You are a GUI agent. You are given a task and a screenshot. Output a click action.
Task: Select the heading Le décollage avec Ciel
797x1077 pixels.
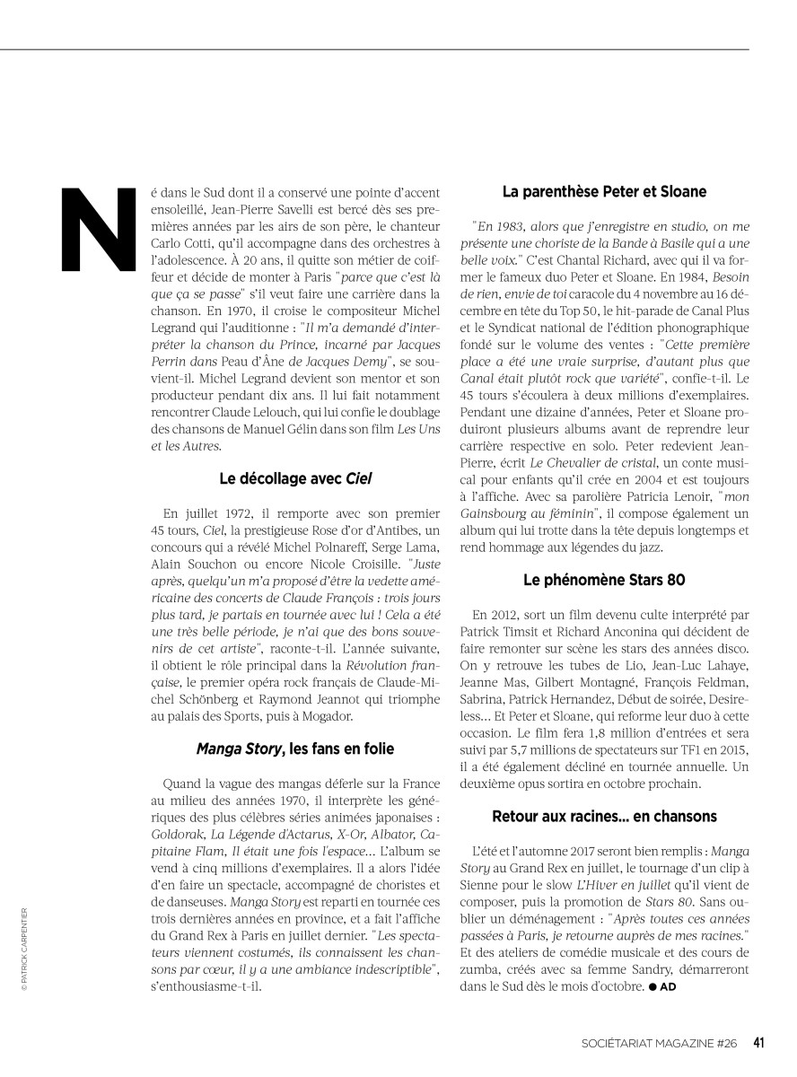(x=295, y=478)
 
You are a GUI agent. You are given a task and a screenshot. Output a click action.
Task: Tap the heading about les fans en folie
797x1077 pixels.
(x=295, y=748)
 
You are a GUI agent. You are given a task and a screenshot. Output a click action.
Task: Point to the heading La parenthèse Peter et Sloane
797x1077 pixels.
(x=604, y=191)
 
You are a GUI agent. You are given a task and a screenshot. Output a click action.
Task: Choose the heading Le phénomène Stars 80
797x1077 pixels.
(x=604, y=579)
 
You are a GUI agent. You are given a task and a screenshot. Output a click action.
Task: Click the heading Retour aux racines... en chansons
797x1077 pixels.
(x=604, y=816)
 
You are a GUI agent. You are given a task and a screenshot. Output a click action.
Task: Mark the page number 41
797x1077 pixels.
(x=758, y=1043)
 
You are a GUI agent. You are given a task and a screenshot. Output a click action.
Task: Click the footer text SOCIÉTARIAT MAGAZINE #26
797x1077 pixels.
(x=659, y=1044)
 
